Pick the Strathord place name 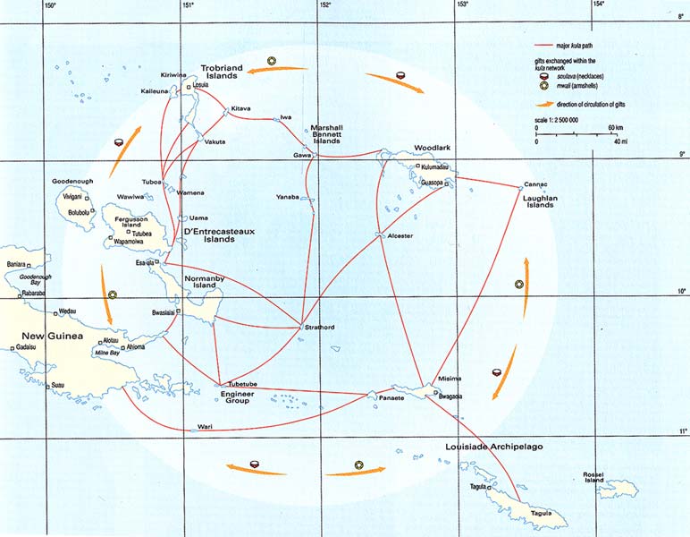click(319, 328)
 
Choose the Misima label click(450, 379)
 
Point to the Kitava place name click(240, 108)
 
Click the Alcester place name click(400, 235)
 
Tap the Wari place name click(206, 426)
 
